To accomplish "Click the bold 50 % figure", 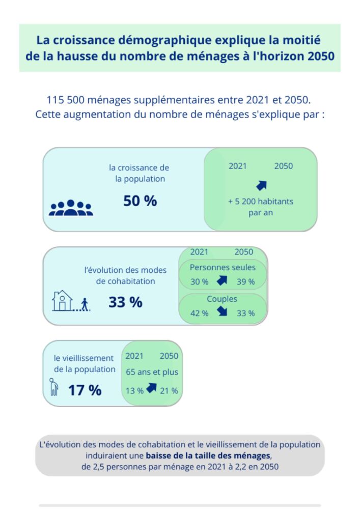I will click(140, 201).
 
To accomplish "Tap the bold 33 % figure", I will click(125, 302).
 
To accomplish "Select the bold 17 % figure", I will click(85, 390).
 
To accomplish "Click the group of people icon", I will click(71, 208).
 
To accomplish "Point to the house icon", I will click(63, 301).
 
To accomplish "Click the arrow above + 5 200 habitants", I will click(261, 185).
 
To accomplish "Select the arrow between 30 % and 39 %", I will click(222, 280).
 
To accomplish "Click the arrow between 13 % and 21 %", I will click(151, 389).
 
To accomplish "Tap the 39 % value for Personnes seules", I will click(245, 281).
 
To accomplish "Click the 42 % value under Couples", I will click(199, 313).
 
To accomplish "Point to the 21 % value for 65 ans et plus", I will click(169, 391).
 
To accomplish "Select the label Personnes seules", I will click(223, 267).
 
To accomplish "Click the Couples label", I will click(222, 299).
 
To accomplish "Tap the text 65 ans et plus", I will click(152, 372).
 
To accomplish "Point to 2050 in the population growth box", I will click(284, 166).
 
